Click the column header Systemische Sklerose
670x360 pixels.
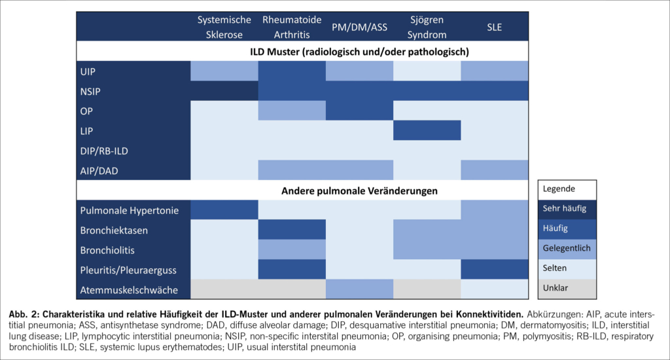pos(224,27)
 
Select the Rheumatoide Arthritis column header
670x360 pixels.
pos(292,27)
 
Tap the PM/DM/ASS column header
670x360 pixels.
pos(359,27)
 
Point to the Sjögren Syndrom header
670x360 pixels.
pos(427,27)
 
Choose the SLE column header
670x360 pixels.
pos(494,27)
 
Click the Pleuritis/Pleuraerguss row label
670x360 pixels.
pos(129,269)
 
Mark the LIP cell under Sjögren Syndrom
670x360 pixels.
pos(427,130)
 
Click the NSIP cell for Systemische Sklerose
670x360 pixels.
pos(224,90)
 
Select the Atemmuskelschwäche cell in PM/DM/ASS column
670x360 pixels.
pos(359,289)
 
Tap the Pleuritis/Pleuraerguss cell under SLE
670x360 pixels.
pos(494,269)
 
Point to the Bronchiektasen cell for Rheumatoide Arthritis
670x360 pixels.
pos(292,230)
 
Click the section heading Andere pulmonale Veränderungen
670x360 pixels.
pos(359,190)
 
